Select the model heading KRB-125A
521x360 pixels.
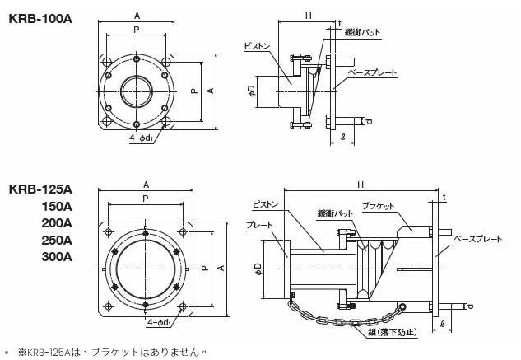pos(40,188)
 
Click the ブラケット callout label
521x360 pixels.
pos(379,205)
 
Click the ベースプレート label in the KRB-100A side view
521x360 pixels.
pos(373,73)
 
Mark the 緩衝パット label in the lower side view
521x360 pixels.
pos(336,213)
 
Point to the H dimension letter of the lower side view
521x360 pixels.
pos(361,185)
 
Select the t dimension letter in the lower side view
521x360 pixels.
pos(444,198)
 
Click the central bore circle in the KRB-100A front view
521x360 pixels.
pos(137,90)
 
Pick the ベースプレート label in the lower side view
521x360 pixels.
pos(478,239)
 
